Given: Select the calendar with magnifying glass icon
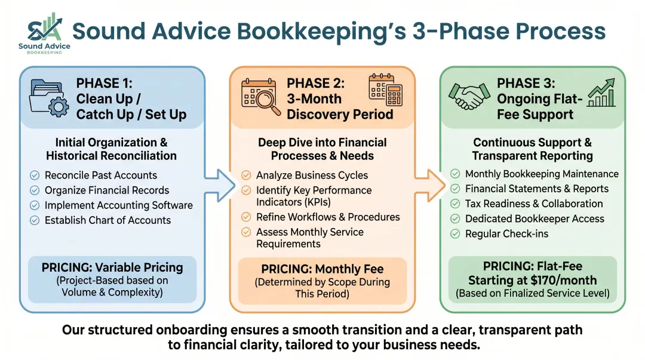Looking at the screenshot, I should [x=260, y=97].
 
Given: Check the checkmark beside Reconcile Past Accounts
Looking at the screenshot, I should [x=35, y=176].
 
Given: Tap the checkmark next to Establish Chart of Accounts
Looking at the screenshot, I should [x=35, y=220].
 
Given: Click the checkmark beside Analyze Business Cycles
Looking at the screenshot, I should [x=246, y=176].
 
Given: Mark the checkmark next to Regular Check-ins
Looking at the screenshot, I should [x=455, y=233].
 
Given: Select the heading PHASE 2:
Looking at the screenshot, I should [x=315, y=83].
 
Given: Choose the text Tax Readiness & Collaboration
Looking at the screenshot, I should [x=534, y=204].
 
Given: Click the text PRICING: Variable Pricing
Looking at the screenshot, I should [x=112, y=267].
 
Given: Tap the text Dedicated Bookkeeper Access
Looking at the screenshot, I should [x=535, y=219].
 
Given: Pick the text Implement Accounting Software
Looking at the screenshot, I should [x=119, y=205].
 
